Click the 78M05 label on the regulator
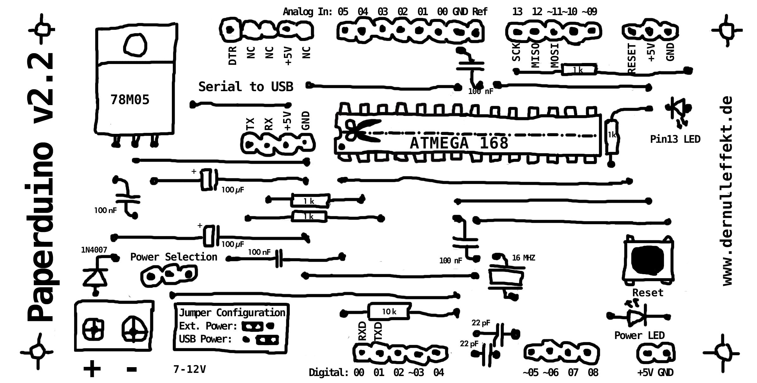(130, 100)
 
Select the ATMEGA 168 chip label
(459, 143)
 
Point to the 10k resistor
(389, 312)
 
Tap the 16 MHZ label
(523, 258)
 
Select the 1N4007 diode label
(94, 250)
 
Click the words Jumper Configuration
(232, 313)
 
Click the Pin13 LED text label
(675, 139)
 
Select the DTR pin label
(232, 56)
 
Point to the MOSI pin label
(555, 56)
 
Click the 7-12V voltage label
(190, 369)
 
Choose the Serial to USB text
(246, 87)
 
